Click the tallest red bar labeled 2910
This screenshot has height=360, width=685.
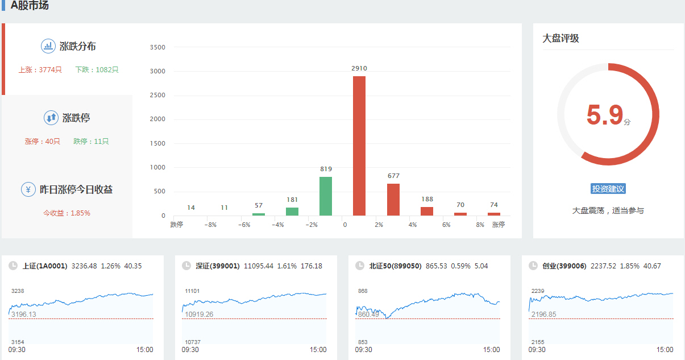pyautogui.click(x=359, y=146)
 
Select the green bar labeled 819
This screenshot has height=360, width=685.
pyautogui.click(x=326, y=196)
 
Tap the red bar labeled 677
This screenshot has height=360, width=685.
pyautogui.click(x=393, y=200)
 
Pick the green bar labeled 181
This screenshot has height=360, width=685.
pyautogui.click(x=292, y=211)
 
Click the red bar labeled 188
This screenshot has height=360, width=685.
pyautogui.click(x=427, y=211)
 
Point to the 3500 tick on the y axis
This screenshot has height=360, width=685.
pyautogui.click(x=157, y=47)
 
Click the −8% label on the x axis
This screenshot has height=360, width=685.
pyautogui.click(x=210, y=225)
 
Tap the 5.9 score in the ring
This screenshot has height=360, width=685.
pyautogui.click(x=605, y=115)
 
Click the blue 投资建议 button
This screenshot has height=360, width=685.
pyautogui.click(x=608, y=189)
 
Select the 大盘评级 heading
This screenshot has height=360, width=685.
pyautogui.click(x=561, y=38)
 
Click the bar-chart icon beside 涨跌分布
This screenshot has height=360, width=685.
pyautogui.click(x=48, y=46)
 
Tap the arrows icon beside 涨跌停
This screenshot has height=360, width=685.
pyautogui.click(x=51, y=118)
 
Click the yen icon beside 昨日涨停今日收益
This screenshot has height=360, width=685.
pyautogui.click(x=28, y=189)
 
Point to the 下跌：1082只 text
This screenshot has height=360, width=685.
pyautogui.click(x=97, y=70)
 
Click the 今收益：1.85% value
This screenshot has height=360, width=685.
pyautogui.click(x=67, y=213)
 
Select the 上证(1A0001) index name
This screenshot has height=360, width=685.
pyautogui.click(x=45, y=266)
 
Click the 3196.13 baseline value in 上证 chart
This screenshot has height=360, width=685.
pyautogui.click(x=24, y=315)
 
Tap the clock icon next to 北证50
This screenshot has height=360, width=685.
pyautogui.click(x=359, y=266)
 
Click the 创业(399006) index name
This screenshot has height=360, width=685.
pyautogui.click(x=564, y=266)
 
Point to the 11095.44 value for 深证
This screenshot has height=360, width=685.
pyautogui.click(x=259, y=266)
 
